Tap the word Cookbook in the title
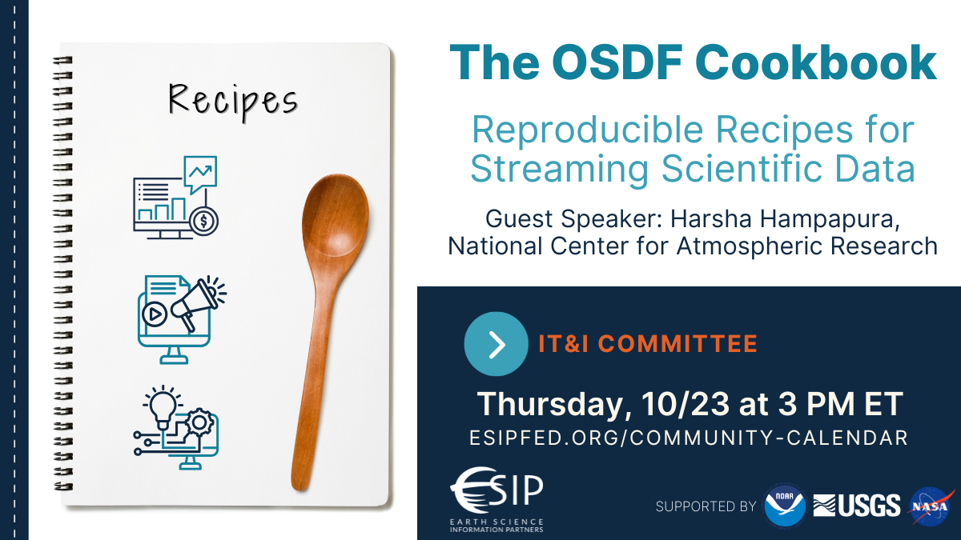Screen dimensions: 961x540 (819, 62)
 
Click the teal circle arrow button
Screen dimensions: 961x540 (496, 344)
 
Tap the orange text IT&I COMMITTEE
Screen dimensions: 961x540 (648, 344)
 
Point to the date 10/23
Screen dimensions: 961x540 (686, 404)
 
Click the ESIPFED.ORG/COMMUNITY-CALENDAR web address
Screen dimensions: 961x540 (689, 438)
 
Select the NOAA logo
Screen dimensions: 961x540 (785, 506)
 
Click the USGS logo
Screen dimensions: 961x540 (856, 506)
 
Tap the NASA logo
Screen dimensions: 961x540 (931, 506)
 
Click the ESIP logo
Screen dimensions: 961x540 (497, 499)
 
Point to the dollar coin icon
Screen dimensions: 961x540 (203, 221)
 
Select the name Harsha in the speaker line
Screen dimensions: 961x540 (711, 218)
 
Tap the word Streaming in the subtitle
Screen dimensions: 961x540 (560, 170)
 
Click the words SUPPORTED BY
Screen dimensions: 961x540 (706, 506)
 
